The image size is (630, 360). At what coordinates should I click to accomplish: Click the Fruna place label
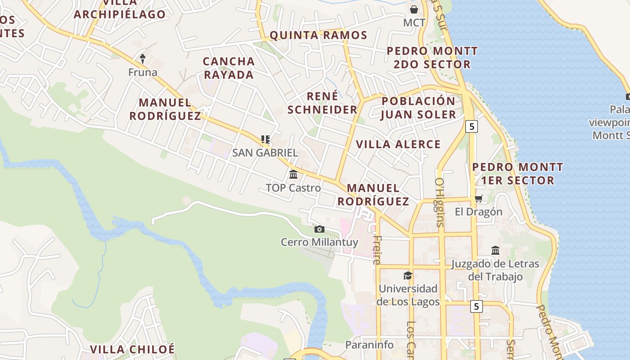point(143,72)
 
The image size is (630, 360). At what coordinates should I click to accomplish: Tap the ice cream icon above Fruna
point(143,58)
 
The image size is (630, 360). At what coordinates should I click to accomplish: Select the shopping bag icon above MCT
point(414,9)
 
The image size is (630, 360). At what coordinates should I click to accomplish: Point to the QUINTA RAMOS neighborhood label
point(318,35)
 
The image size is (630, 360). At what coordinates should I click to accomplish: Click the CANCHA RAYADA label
point(229,68)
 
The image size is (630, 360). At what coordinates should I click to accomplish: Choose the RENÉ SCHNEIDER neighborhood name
point(322,103)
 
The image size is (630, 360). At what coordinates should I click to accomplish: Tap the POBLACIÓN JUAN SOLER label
point(418,108)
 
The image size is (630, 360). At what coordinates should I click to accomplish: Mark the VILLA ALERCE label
point(398,144)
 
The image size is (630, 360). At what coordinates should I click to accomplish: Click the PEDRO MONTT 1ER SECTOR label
point(517,174)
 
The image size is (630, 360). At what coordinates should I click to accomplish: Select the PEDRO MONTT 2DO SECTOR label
point(432,57)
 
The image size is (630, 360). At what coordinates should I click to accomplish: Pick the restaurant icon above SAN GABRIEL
point(265,139)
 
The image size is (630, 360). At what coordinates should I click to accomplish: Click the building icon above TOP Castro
point(293,174)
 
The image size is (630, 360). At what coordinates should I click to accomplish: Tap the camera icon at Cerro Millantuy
point(319,229)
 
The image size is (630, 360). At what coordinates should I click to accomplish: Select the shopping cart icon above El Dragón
point(478,198)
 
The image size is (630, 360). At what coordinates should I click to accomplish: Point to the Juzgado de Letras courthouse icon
point(495,250)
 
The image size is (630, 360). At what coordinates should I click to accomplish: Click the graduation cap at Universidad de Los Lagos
point(408,275)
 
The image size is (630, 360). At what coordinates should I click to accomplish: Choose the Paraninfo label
point(369,345)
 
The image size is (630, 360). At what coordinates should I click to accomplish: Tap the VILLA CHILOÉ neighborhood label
point(132,349)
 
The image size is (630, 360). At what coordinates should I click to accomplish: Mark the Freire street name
point(377,250)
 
